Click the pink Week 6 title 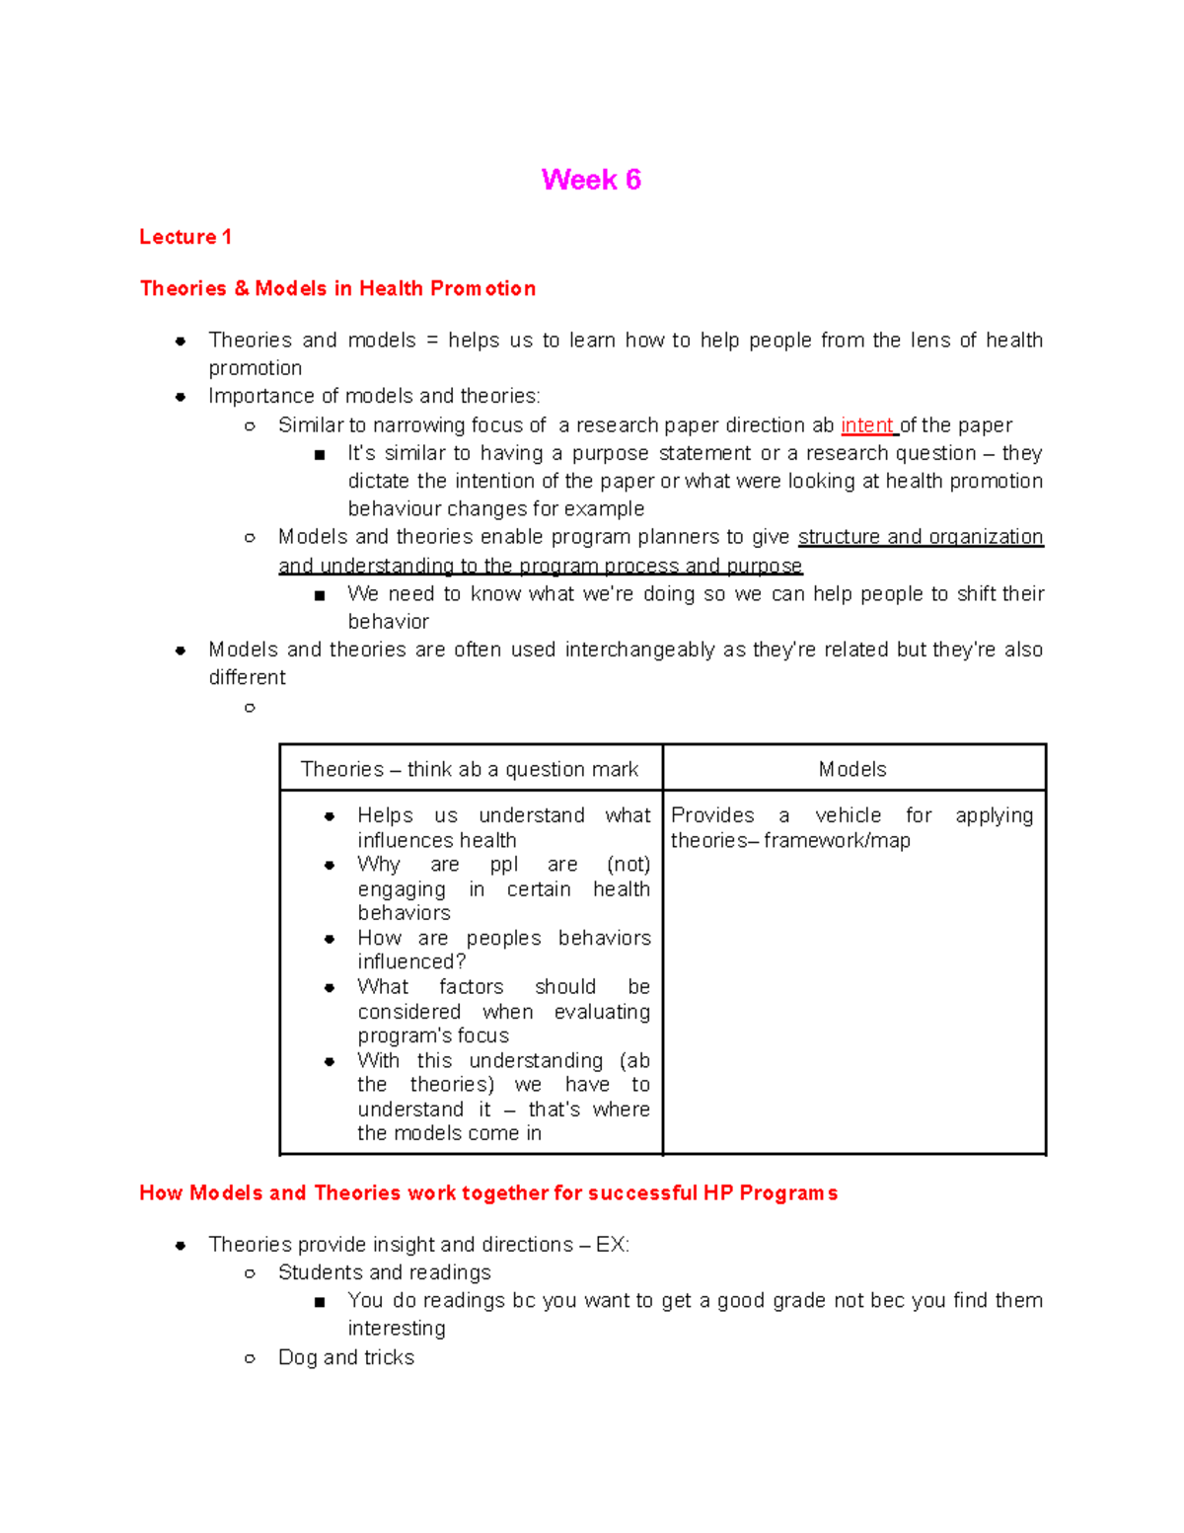[x=591, y=180]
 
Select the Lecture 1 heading [x=185, y=237]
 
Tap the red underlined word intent [x=866, y=425]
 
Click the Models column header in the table [x=852, y=769]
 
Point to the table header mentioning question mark [x=470, y=769]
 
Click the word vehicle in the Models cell [x=848, y=815]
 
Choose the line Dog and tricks [x=346, y=1357]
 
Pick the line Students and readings [x=385, y=1272]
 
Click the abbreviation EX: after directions [x=612, y=1245]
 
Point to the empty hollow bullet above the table [x=250, y=708]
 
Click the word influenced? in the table [x=411, y=961]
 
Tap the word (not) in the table [x=629, y=865]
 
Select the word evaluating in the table [x=602, y=1012]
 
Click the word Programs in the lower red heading [x=788, y=1192]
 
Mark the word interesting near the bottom [x=397, y=1329]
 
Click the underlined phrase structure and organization [x=921, y=537]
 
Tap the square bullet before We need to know [x=319, y=595]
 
